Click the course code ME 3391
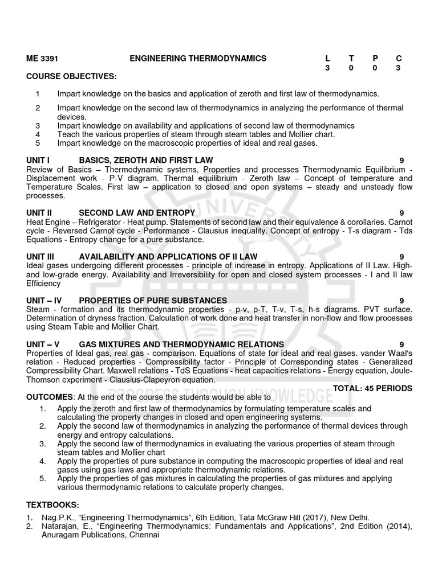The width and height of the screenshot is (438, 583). [42, 58]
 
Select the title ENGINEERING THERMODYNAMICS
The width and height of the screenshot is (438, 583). [198, 58]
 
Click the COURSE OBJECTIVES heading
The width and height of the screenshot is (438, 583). [71, 76]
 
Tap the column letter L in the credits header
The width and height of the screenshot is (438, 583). [327, 58]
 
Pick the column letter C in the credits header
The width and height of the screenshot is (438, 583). [399, 58]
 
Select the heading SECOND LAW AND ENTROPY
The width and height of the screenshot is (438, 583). [137, 212]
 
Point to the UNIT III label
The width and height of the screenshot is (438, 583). [41, 257]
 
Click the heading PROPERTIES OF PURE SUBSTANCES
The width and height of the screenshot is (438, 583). [153, 300]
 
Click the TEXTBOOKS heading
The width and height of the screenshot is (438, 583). [53, 505]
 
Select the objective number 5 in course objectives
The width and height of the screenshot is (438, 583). [38, 143]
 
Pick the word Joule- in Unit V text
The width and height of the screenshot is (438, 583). [400, 371]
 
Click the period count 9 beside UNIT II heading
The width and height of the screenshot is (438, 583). [401, 212]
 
